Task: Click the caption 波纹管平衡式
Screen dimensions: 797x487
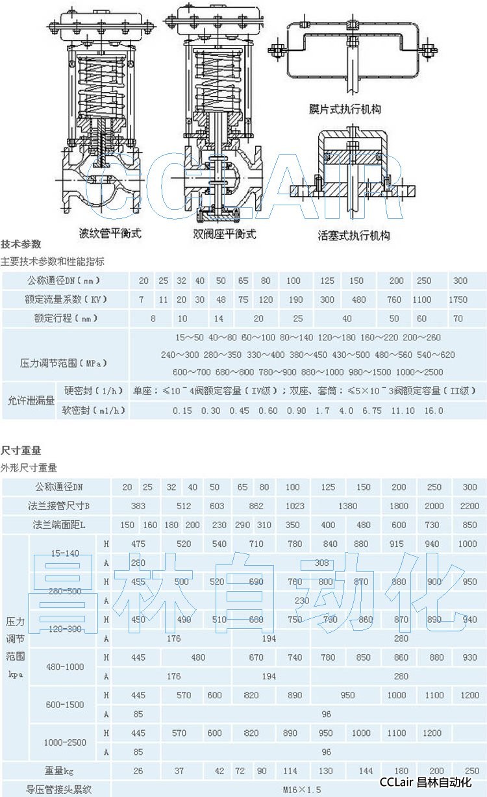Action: [x=110, y=233]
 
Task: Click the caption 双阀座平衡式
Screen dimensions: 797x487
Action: [x=225, y=233]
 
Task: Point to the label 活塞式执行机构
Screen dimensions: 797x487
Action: [x=354, y=235]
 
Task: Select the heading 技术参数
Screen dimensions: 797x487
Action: [x=21, y=244]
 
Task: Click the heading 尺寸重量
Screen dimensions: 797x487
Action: [x=21, y=449]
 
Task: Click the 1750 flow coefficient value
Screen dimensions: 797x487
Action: [x=458, y=299]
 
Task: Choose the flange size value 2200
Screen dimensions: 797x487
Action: [x=469, y=506]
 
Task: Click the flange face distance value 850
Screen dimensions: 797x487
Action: [x=469, y=525]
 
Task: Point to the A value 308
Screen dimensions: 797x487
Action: [x=321, y=563]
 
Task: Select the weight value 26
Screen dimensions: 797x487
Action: [x=138, y=771]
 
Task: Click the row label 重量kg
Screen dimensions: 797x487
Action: [x=59, y=771]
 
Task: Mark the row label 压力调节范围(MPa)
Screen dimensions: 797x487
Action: [x=64, y=362]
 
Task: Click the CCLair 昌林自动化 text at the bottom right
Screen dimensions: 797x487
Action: [x=425, y=782]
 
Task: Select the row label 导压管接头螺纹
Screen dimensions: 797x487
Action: [x=59, y=790]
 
